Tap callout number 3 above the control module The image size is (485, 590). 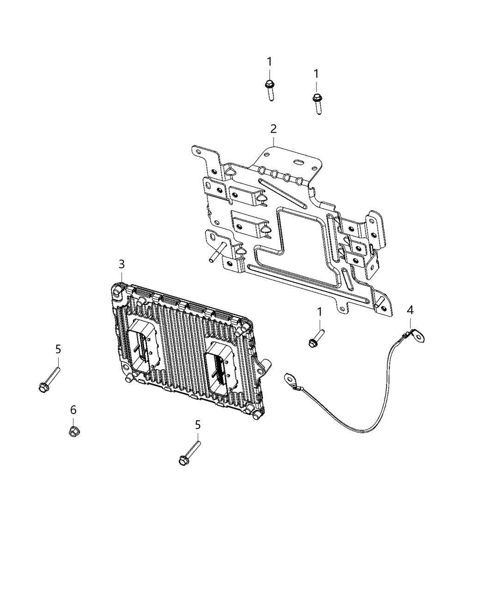coord(121,264)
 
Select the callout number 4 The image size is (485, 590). coord(410,310)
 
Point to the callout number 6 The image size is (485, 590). coord(73,410)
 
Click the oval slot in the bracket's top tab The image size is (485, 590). coord(299,162)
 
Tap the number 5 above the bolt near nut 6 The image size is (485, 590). coord(58,349)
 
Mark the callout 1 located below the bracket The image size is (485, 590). coord(319,312)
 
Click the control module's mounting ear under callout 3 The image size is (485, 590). coord(118,290)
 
